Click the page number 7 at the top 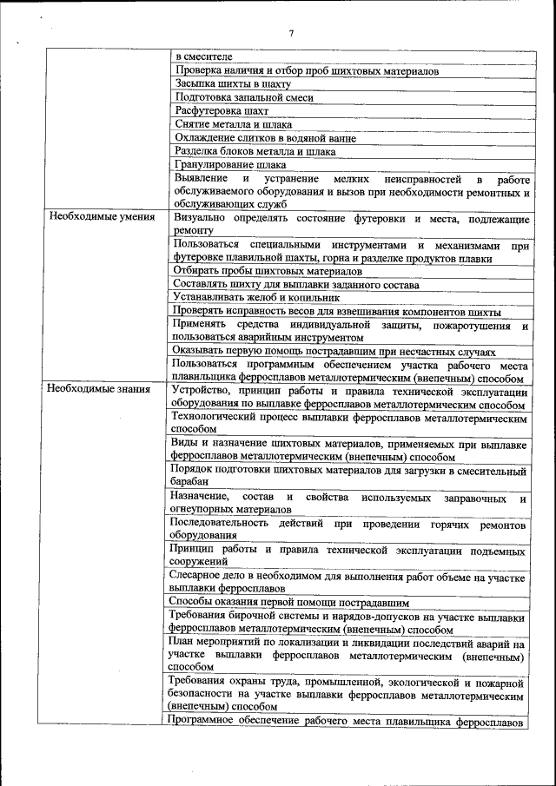pyautogui.click(x=291, y=34)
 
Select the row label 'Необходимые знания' pyautogui.click(x=101, y=388)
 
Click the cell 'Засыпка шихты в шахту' pyautogui.click(x=232, y=84)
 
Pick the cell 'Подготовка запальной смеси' pyautogui.click(x=244, y=98)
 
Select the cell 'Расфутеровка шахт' pyautogui.click(x=222, y=111)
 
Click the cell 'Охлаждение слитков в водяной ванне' pyautogui.click(x=265, y=138)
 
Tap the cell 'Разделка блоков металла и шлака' pyautogui.click(x=255, y=152)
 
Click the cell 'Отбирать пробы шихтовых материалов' pyautogui.click(x=257, y=271)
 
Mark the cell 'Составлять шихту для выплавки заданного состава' pyautogui.click(x=296, y=284)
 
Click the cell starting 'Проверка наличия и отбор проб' pyautogui.click(x=307, y=70)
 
